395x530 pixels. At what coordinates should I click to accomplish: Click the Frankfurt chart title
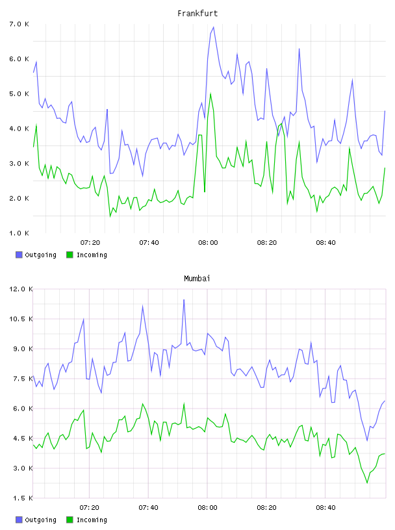pos(197,14)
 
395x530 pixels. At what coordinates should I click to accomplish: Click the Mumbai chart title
pos(197,279)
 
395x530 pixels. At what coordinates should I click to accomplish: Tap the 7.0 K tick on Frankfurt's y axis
pos(19,24)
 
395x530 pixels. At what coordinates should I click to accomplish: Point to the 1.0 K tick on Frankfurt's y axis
pos(19,233)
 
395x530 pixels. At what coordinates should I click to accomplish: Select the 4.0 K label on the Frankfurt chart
pos(19,129)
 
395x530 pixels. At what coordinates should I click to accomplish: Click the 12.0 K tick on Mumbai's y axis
pos(21,289)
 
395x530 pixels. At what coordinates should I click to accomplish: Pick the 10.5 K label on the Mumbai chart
pos(21,319)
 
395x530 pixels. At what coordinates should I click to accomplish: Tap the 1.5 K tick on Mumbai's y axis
pos(21,498)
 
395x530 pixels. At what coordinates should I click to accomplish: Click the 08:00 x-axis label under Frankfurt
pos(208,243)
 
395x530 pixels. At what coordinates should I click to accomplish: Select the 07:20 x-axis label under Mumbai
pos(89,508)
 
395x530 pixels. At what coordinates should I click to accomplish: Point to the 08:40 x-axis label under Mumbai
pos(325,508)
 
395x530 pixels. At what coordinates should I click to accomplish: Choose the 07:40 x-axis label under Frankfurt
pos(149,243)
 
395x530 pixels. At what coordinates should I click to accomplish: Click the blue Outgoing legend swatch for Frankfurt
pos(19,255)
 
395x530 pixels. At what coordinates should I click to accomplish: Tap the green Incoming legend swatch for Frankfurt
pos(70,255)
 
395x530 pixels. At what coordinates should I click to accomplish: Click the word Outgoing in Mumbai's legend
pos(40,520)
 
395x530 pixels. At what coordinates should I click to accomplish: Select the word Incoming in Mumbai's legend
pos(92,520)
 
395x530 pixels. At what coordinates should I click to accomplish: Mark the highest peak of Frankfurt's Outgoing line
pos(213,27)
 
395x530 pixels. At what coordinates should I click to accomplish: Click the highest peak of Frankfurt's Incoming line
pos(210,93)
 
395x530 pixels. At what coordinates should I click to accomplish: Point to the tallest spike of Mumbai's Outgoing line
pos(184,299)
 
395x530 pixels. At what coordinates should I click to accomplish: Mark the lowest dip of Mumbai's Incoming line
pos(367,483)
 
